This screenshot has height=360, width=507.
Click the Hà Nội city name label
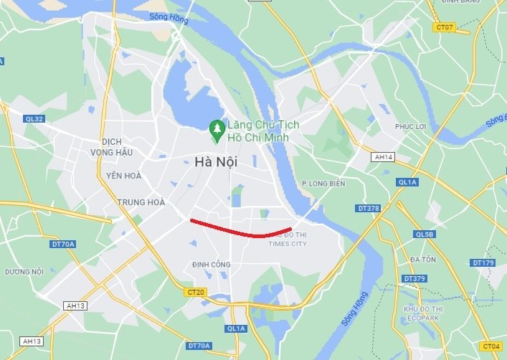coord(216,163)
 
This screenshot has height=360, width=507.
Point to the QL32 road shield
coord(34,119)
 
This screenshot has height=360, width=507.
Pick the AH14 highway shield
coord(384,156)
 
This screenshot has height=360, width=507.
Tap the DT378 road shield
coord(368,208)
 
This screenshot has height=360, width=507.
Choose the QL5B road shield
coord(425,234)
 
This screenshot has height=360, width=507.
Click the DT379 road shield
coord(414,278)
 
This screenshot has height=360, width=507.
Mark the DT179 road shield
coord(484,263)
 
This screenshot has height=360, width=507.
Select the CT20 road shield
coord(196,292)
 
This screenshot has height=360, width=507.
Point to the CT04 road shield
coord(491,346)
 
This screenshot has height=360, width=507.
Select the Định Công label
coord(212,265)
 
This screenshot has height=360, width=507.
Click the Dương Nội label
coord(24,272)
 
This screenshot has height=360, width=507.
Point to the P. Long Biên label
coord(323,184)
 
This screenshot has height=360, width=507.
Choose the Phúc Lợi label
coord(411,126)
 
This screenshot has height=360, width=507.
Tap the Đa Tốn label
coord(424,258)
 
